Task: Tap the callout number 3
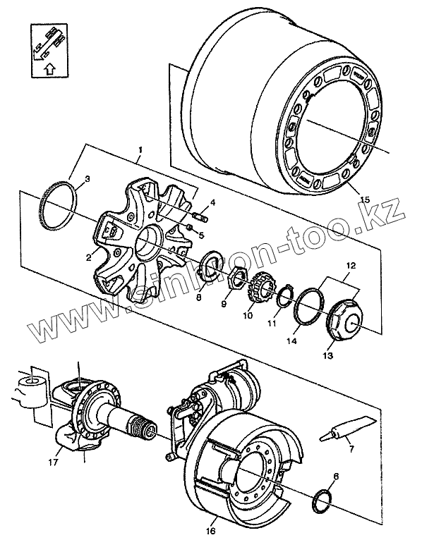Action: point(86,179)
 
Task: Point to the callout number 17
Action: point(53,463)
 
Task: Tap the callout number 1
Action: point(140,149)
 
